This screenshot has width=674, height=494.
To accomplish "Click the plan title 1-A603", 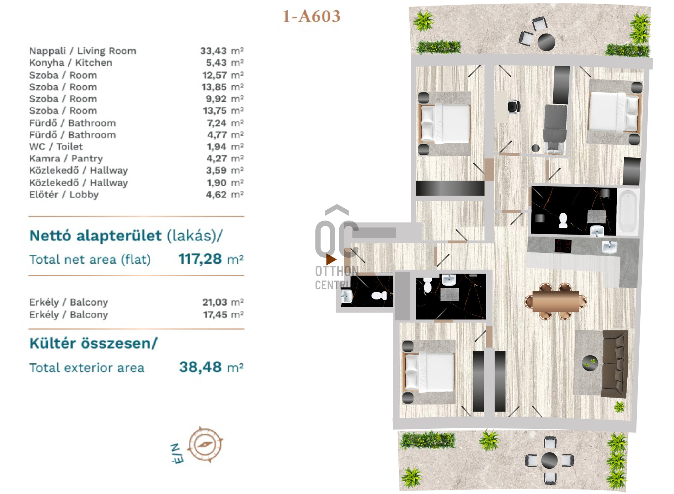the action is click(x=311, y=16).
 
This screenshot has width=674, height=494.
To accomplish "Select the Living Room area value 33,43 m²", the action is click(x=222, y=51).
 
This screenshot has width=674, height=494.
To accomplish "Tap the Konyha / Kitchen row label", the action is click(x=71, y=63).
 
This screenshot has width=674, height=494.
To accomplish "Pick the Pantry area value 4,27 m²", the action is click(x=225, y=158).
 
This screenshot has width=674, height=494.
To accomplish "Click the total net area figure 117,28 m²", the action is click(x=211, y=259).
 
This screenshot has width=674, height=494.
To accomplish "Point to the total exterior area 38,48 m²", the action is click(x=211, y=367).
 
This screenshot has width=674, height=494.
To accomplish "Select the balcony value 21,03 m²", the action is click(x=223, y=302).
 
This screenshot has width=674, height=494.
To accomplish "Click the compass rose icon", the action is click(x=205, y=445).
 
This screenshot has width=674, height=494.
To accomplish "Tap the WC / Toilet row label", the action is click(x=56, y=147).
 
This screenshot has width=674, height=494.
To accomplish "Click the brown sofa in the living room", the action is click(x=615, y=364).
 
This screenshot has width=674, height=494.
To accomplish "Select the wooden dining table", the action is click(x=555, y=301).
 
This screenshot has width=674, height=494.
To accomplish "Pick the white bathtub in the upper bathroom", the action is click(x=628, y=212).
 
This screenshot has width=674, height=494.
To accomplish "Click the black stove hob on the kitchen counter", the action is click(x=563, y=245).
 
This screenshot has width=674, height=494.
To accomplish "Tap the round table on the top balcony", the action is click(x=546, y=42).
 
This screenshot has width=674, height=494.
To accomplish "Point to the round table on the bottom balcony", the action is click(x=549, y=460).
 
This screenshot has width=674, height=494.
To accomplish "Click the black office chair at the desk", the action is click(x=514, y=107).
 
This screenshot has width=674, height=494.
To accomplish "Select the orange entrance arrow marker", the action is click(x=331, y=259).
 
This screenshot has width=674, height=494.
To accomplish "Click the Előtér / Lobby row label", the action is click(x=64, y=195).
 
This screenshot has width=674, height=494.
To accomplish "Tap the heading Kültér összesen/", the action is click(x=94, y=343).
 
